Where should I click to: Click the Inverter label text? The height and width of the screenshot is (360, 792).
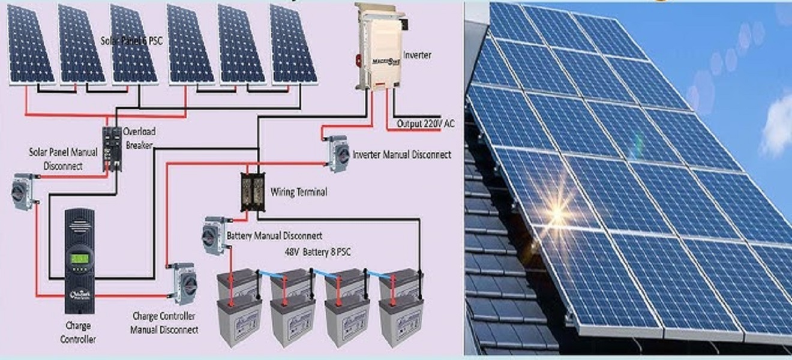[418, 55]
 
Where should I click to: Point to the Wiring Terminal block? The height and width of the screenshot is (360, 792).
[253, 191]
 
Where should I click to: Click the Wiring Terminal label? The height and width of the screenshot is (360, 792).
[299, 193]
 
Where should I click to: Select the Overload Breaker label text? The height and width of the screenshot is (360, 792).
[138, 137]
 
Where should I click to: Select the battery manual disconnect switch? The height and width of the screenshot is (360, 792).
[214, 235]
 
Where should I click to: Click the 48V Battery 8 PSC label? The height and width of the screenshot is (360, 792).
[318, 253]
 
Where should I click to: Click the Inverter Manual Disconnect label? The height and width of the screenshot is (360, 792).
[402, 155]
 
